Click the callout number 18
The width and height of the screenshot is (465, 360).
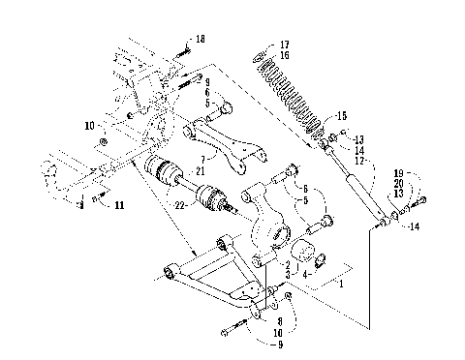201,38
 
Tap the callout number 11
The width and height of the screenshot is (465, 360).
118,206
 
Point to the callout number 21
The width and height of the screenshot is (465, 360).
200,169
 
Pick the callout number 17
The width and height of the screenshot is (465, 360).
284,45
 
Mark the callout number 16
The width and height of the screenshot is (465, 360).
284,56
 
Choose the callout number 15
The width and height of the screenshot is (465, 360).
340,115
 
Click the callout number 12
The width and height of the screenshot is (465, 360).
359,160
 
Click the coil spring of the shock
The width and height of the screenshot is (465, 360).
291,92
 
